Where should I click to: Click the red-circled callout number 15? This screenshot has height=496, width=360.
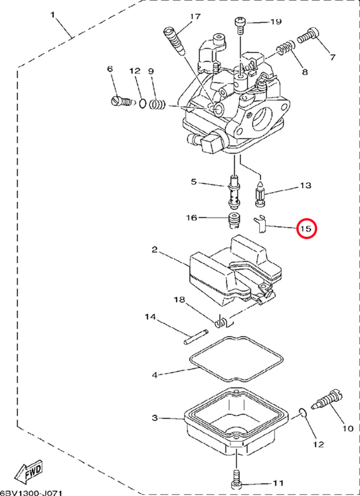point(306,229)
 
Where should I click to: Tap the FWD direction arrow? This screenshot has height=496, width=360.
point(28,471)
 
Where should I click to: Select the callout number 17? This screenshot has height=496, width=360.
point(195,17)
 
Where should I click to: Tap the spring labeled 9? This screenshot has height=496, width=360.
point(157,105)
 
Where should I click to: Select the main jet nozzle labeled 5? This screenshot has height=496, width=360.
point(234,194)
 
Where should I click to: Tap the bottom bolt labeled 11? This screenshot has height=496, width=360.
point(236,480)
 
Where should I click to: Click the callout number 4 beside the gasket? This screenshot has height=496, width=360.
point(154,374)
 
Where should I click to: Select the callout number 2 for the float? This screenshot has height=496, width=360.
point(154,250)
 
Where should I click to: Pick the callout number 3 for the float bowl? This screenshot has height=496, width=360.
point(154,418)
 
